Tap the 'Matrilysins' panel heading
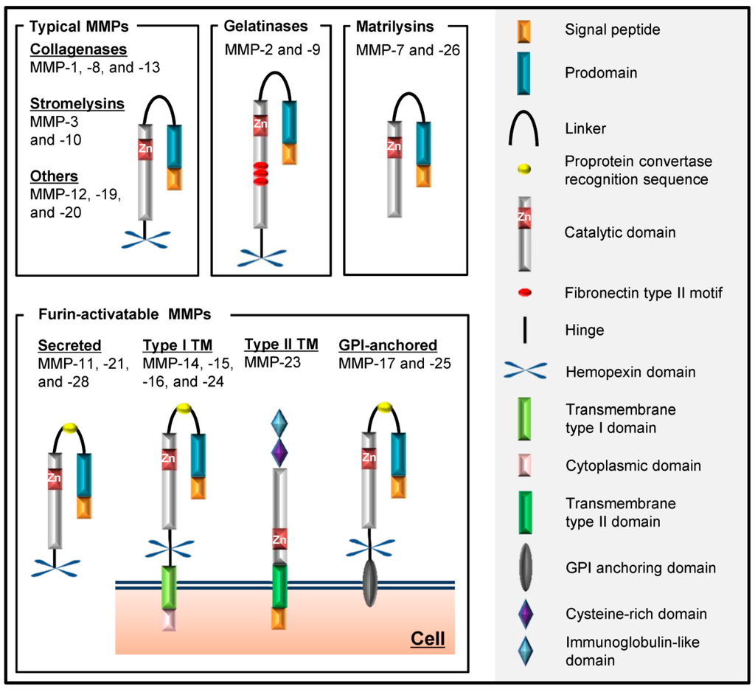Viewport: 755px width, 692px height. (x=394, y=27)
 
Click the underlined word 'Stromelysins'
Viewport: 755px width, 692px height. (x=77, y=103)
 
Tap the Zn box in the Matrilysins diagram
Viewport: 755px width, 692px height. (x=394, y=146)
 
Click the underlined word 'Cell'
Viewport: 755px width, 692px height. (x=428, y=637)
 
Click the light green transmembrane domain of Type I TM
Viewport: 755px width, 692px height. (x=170, y=587)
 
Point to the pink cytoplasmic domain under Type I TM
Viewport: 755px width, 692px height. (x=170, y=620)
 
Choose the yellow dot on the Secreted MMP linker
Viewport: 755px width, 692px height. (x=70, y=428)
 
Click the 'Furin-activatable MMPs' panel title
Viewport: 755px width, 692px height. (x=124, y=314)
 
